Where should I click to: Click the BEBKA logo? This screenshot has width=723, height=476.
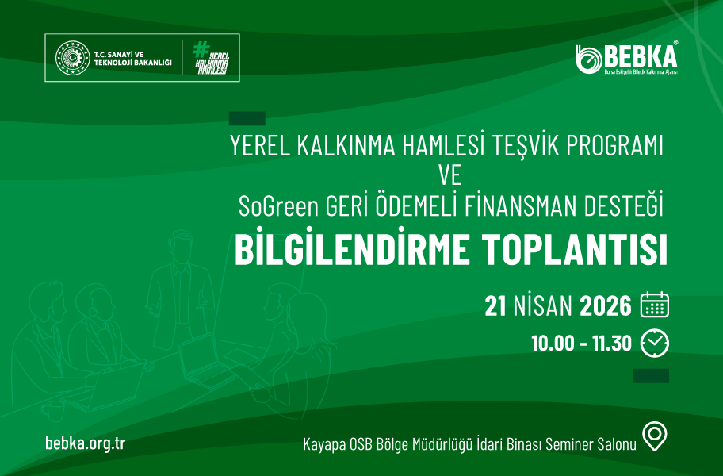[626, 58]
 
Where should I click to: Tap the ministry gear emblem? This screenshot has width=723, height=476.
[72, 58]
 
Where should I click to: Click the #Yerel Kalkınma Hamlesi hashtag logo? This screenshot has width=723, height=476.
[211, 58]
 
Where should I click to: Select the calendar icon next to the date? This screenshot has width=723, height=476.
[655, 305]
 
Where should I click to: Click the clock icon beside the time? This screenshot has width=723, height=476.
[655, 343]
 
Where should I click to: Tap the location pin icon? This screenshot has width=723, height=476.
[655, 436]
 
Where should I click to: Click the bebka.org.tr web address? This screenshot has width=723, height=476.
[86, 443]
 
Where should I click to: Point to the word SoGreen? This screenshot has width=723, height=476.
[278, 206]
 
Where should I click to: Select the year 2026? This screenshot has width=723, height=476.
[606, 305]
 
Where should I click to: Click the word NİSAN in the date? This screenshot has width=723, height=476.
[543, 305]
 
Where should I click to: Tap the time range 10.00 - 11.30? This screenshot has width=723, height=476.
[581, 344]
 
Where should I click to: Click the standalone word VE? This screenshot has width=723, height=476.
[450, 176]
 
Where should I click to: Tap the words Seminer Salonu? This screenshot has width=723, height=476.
[591, 444]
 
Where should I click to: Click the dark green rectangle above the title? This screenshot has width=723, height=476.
[247, 118]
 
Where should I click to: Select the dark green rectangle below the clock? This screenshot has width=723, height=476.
[651, 375]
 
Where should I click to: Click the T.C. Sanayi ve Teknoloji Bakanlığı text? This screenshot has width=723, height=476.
[133, 59]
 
